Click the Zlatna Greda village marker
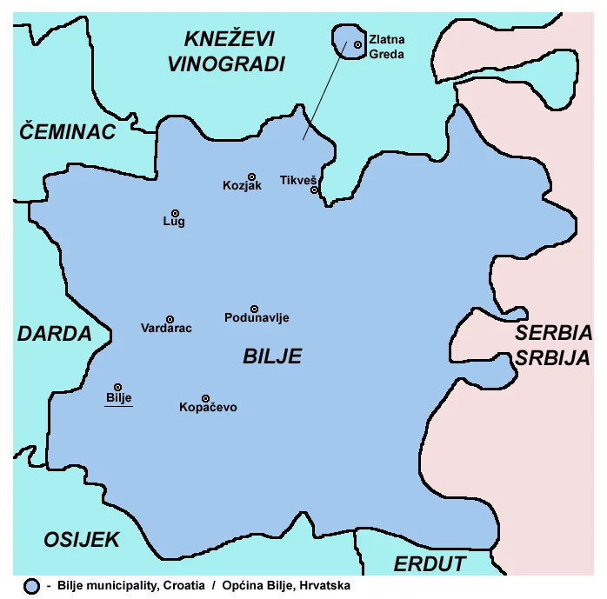click(x=357, y=44)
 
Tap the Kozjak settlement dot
click(x=251, y=176)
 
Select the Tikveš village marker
click(x=314, y=190)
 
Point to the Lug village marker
click(x=175, y=213)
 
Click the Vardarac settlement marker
click(x=170, y=319)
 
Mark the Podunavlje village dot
click(x=255, y=309)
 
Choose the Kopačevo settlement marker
click(x=206, y=398)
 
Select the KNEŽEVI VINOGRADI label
click(x=230, y=50)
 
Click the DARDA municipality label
click(x=54, y=334)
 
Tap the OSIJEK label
click(x=82, y=540)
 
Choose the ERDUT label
click(x=430, y=563)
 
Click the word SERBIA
click(x=553, y=333)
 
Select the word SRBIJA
click(x=553, y=357)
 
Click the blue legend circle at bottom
click(x=32, y=587)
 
